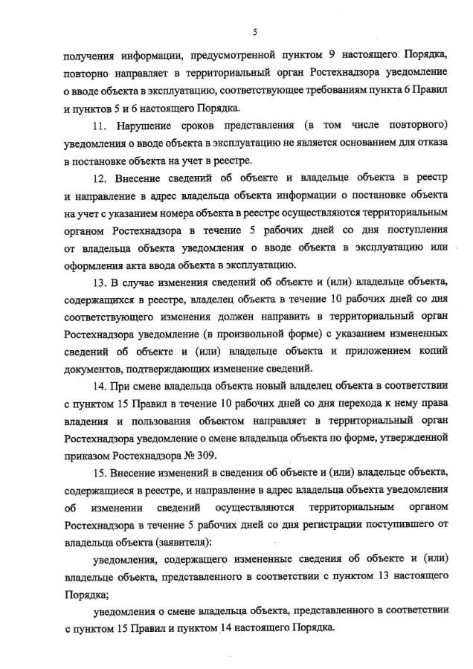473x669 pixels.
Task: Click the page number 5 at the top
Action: (255, 32)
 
